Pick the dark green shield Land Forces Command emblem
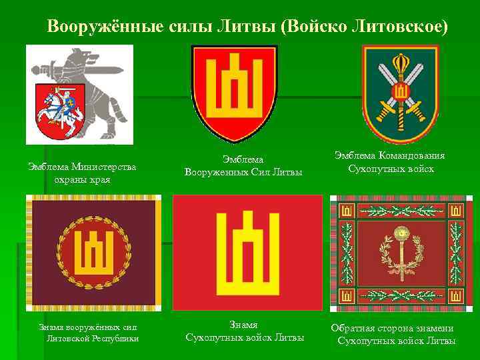[x=400, y=93]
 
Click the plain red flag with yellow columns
[x=247, y=253]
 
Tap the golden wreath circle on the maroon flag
[x=94, y=254]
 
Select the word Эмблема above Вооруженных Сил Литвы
[x=243, y=159]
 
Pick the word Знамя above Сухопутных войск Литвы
[x=243, y=325]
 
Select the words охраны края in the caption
[x=83, y=179]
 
